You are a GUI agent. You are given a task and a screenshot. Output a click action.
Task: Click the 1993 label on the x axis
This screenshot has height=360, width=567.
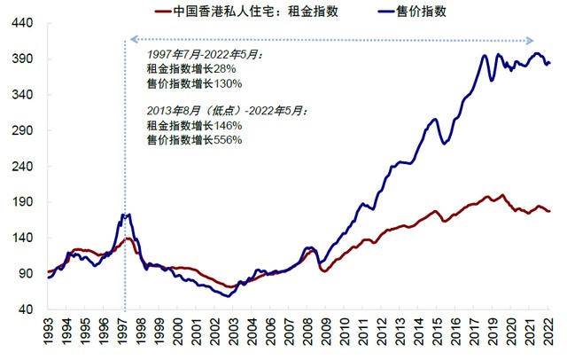click(50, 334)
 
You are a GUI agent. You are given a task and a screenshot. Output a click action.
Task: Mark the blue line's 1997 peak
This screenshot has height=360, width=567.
click(127, 215)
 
